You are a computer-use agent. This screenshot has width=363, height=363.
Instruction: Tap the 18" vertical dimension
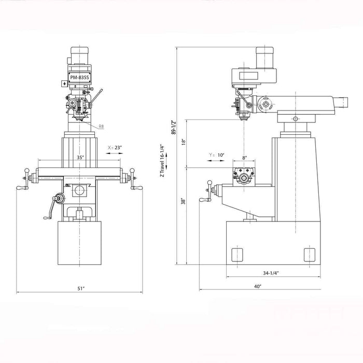183,141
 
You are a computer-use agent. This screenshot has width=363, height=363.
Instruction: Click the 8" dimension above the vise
244,158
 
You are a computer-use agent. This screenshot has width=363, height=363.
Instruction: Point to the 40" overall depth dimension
258,286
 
